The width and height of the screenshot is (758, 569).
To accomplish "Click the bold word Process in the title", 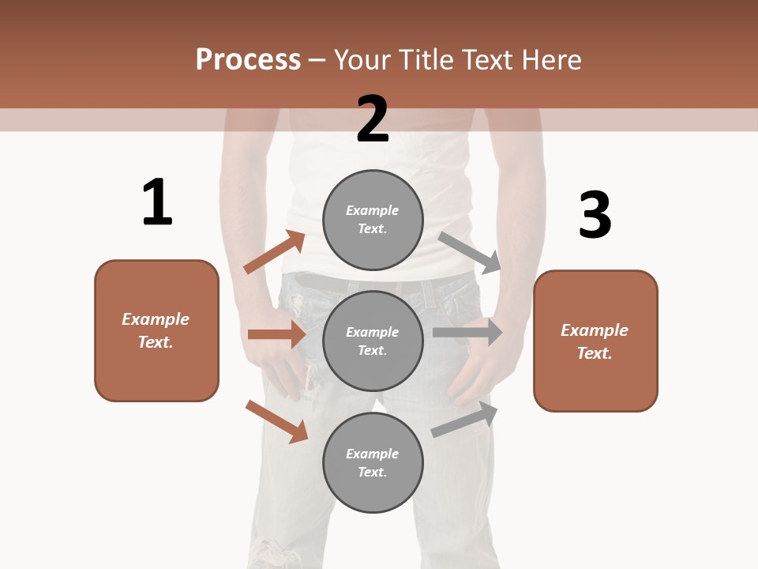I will pyautogui.click(x=248, y=60).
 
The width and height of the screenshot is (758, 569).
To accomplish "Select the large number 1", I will pyautogui.click(x=157, y=202).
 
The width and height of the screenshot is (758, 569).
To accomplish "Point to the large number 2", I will pyautogui.click(x=373, y=119).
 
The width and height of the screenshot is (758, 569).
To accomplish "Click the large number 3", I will pyautogui.click(x=595, y=215).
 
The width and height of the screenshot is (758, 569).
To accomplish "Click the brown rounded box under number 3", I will pyautogui.click(x=595, y=379).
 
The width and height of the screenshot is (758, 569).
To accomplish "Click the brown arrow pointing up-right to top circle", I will pyautogui.click(x=274, y=252).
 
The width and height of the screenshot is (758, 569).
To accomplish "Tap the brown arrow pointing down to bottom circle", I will pyautogui.click(x=276, y=420).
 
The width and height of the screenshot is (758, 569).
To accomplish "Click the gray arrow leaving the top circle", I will pyautogui.click(x=470, y=252).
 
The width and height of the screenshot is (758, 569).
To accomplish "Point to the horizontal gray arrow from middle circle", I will pyautogui.click(x=467, y=333).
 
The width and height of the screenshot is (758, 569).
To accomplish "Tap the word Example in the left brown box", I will pyautogui.click(x=156, y=319).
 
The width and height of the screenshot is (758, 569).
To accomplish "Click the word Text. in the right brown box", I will pyautogui.click(x=595, y=353).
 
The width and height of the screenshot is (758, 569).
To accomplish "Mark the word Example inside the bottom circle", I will pyautogui.click(x=373, y=454).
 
